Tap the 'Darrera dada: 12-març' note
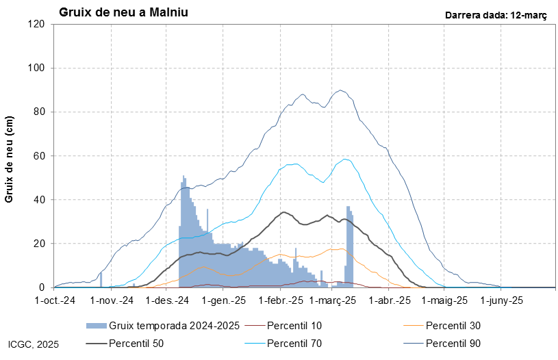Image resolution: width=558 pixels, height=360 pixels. coord(496,14)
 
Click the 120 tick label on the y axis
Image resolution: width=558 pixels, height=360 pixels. coord(36,25)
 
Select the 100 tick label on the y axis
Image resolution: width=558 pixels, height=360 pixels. coord(36,68)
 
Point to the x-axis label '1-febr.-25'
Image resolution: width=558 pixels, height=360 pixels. coord(281,300)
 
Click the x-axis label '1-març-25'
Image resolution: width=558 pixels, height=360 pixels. coord(333,300)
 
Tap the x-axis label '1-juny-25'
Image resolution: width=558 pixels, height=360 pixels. coord(502,300)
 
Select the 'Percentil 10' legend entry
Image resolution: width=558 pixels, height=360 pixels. coord(294,325)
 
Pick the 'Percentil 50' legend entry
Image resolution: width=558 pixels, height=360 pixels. coord(136,343)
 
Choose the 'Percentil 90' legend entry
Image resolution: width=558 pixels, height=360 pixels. coord(453,343)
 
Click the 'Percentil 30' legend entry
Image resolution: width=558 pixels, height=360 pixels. coord(453,325)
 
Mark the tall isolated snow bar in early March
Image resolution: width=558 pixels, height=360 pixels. coord(349,246)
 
